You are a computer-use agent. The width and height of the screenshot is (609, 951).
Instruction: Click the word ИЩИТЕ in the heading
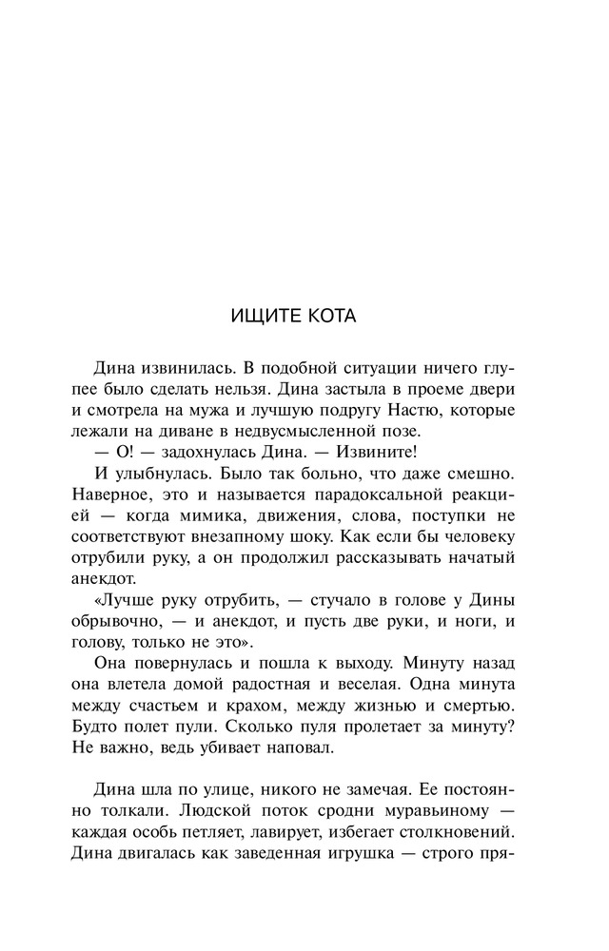262,316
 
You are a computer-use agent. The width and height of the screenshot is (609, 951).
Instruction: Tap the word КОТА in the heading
328,316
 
